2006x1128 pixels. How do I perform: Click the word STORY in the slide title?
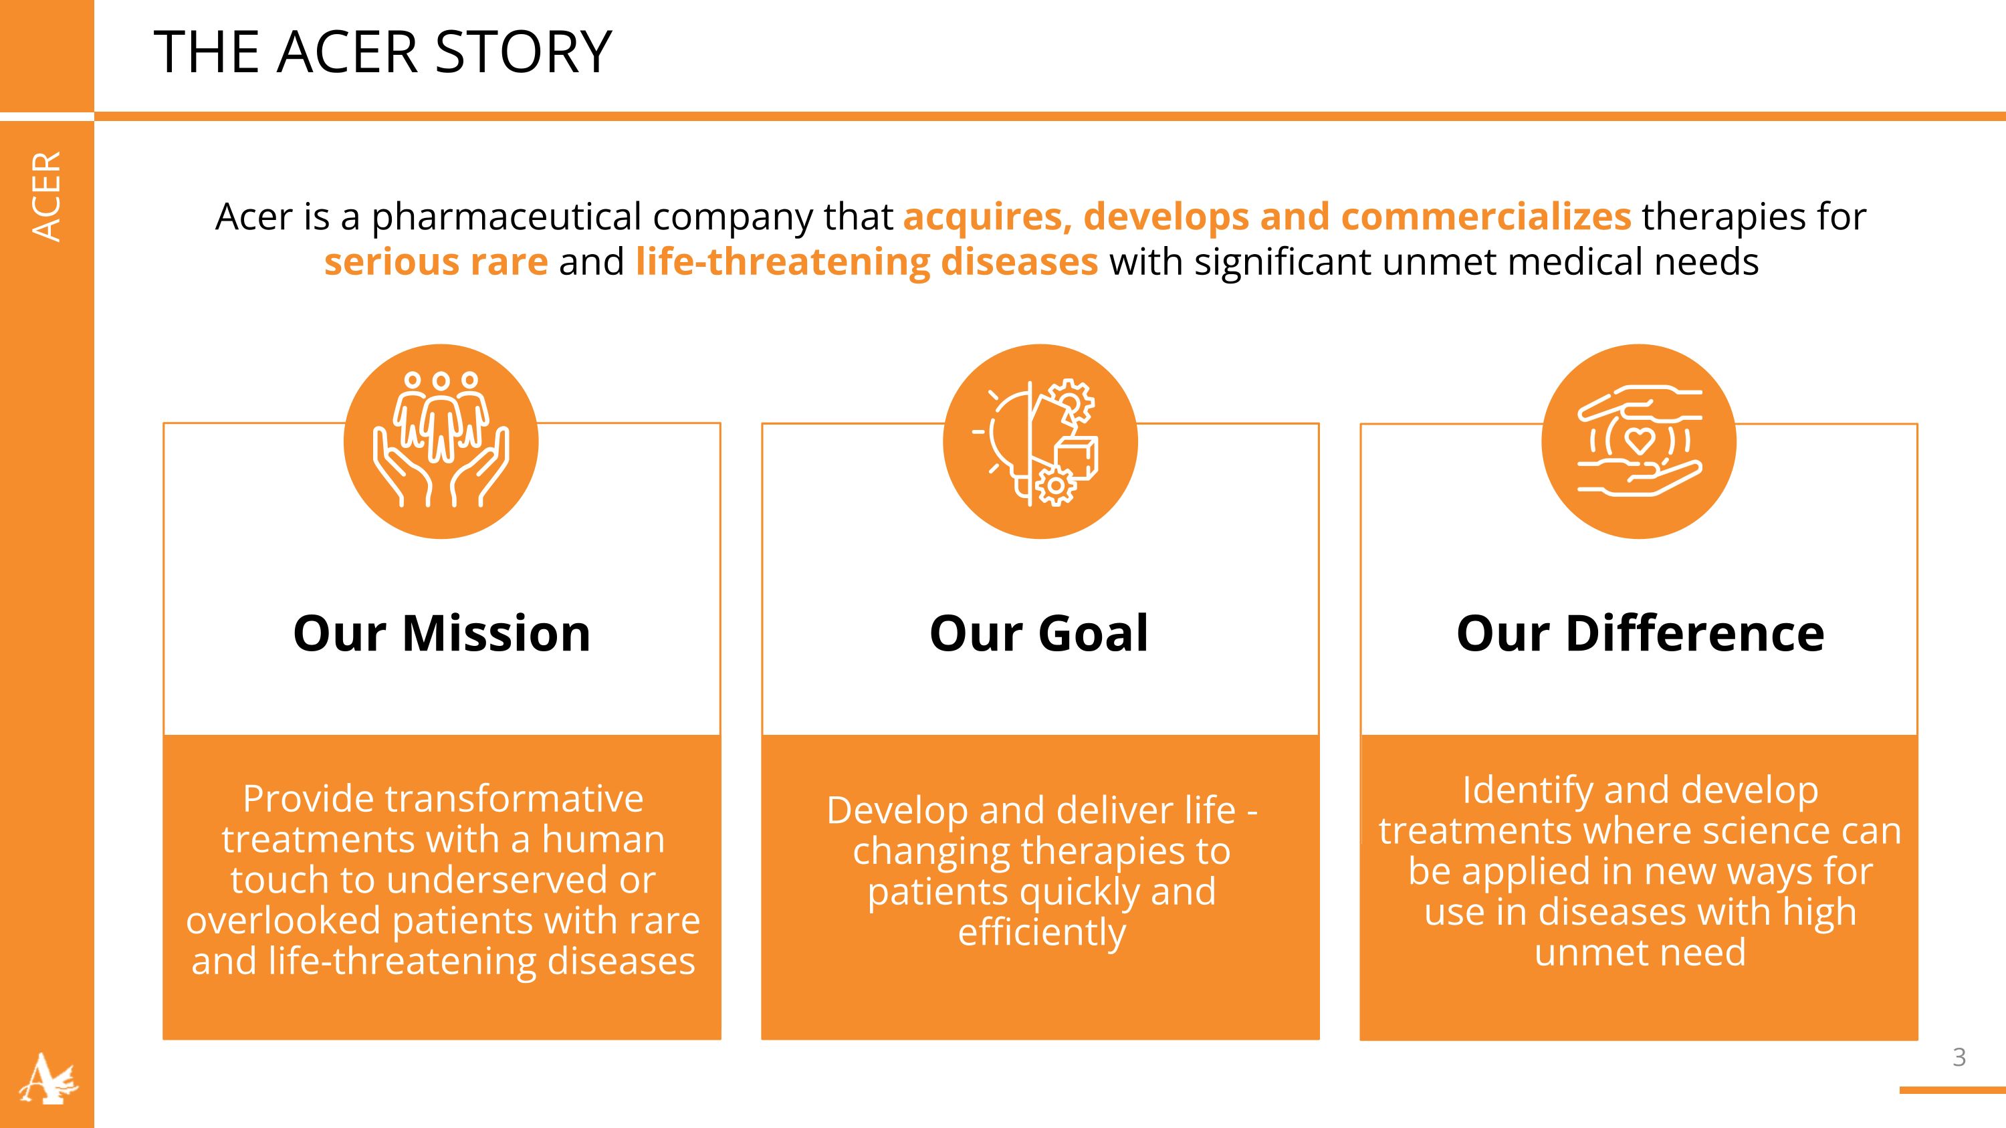[x=524, y=53]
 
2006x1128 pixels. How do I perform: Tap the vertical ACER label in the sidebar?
[x=47, y=196]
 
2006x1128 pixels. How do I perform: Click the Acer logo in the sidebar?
[x=47, y=1078]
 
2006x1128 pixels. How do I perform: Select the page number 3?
[x=1959, y=1057]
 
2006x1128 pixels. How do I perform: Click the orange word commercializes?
[x=1486, y=217]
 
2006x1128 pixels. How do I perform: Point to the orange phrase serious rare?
[x=436, y=261]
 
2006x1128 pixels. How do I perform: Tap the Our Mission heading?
[x=441, y=633]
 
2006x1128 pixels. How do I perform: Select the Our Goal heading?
[x=1040, y=633]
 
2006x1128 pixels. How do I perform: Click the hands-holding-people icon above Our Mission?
[x=441, y=441]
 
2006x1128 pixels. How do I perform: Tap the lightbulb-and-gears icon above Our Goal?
[x=1040, y=441]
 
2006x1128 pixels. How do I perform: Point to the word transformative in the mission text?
[x=514, y=800]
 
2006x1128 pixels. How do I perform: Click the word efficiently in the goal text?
[x=1042, y=933]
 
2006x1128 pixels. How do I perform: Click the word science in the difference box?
[x=1765, y=830]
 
